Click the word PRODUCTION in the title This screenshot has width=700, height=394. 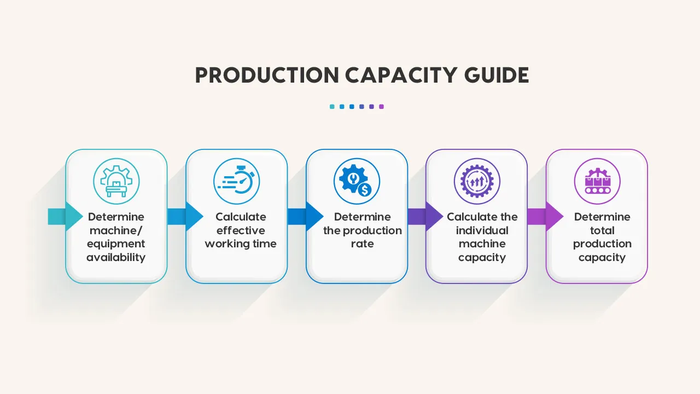[267, 76]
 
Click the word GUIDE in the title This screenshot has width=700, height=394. [497, 76]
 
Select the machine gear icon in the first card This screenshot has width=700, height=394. [116, 181]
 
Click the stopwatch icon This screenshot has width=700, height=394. [236, 181]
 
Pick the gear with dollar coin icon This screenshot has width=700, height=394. [357, 181]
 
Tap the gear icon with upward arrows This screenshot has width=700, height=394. [477, 181]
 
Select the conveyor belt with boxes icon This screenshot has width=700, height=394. [597, 181]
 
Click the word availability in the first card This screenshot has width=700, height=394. [116, 257]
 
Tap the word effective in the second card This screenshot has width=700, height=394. [241, 230]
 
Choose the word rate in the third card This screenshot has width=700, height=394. [362, 244]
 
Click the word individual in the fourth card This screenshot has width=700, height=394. [482, 230]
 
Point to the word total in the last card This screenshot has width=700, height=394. [602, 230]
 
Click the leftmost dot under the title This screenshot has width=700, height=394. [332, 107]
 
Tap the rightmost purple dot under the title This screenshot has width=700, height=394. [381, 107]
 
